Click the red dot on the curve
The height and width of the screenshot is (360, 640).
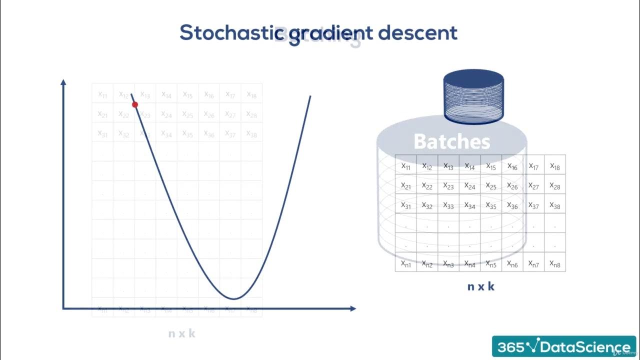click(x=134, y=104)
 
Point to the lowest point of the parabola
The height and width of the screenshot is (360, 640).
click(x=233, y=298)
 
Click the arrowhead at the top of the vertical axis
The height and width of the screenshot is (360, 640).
click(x=63, y=82)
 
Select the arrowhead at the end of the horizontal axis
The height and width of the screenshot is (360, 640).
click(x=352, y=308)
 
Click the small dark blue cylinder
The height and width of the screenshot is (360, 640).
click(x=473, y=97)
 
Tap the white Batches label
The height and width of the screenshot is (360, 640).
click(x=451, y=142)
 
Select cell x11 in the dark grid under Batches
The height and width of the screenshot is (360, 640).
click(x=406, y=166)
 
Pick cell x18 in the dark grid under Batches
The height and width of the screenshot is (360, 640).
click(x=555, y=166)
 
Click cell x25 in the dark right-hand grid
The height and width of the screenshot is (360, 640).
click(x=491, y=185)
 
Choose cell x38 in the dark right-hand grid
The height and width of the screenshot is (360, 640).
click(x=555, y=205)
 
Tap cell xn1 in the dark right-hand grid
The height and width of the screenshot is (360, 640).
click(x=406, y=263)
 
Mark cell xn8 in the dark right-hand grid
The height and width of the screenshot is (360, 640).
click(x=555, y=263)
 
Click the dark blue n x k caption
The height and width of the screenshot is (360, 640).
click(x=481, y=286)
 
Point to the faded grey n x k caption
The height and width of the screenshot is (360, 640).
click(x=181, y=333)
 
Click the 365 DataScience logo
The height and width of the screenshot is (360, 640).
click(x=563, y=346)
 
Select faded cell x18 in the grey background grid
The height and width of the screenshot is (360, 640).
click(x=251, y=94)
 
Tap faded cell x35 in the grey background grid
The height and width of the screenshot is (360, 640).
click(x=187, y=133)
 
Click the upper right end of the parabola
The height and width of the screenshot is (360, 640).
click(x=310, y=96)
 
